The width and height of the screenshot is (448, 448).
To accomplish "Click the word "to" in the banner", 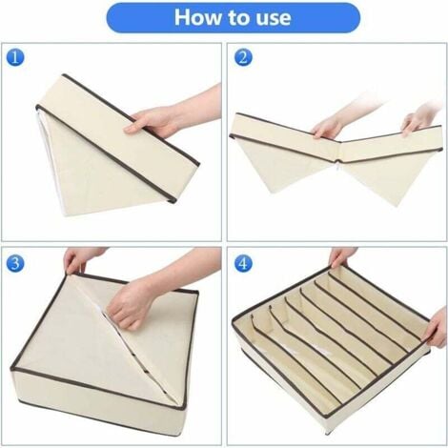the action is (235, 18).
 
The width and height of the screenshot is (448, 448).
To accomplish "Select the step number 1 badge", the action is (15, 57).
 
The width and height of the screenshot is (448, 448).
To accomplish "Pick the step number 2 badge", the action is (243, 57).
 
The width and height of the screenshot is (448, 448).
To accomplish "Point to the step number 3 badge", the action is (15, 263).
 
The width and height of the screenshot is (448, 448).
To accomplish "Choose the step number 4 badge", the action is (243, 263).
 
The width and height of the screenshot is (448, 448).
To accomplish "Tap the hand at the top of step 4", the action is (341, 257).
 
